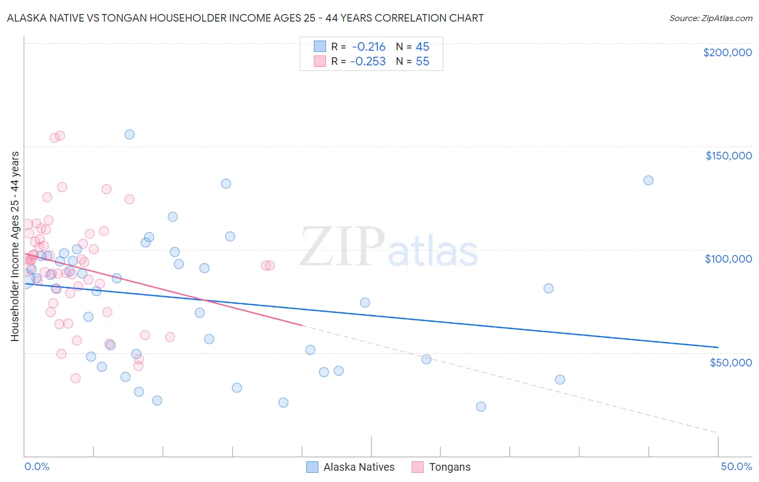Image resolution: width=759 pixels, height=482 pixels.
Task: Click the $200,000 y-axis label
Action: (727, 52)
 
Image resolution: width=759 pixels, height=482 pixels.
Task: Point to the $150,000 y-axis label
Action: (728, 156)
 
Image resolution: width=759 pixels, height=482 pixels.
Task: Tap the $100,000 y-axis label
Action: (728, 259)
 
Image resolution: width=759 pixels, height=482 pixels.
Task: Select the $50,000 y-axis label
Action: (730, 362)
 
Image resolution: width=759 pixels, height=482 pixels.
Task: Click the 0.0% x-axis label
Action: (37, 466)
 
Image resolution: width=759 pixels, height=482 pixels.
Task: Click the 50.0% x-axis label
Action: (736, 466)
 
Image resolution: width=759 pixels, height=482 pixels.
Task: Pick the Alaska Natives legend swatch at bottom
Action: (312, 467)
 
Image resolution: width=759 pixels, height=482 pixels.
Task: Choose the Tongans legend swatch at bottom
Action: (417, 467)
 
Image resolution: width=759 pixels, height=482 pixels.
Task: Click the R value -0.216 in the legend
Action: (368, 47)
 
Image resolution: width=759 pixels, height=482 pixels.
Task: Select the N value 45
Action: (422, 47)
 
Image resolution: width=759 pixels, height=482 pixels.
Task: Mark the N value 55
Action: (422, 62)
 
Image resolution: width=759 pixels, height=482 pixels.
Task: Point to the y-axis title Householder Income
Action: (15, 246)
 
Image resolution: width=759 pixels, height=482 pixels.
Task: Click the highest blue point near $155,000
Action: (130, 135)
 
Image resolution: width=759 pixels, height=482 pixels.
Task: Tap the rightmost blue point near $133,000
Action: (648, 180)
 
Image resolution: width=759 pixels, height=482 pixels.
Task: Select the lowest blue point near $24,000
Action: (481, 406)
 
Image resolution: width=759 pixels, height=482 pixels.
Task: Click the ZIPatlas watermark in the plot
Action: (389, 247)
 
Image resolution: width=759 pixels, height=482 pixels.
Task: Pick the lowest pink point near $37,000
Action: (76, 378)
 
